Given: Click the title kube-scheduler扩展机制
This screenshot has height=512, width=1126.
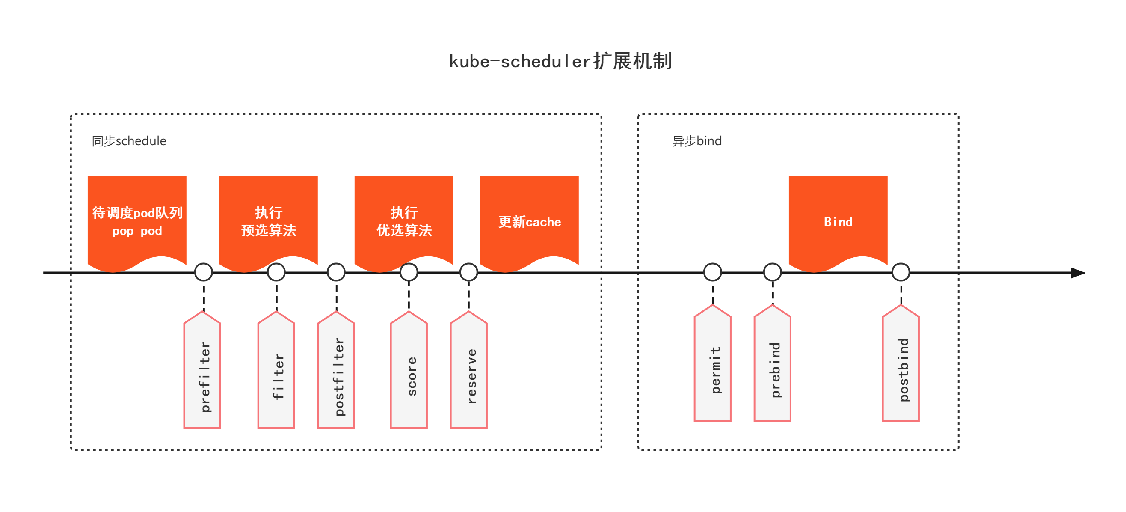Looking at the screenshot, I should click(x=560, y=61).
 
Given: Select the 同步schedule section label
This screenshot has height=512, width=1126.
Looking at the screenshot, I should click(x=129, y=141).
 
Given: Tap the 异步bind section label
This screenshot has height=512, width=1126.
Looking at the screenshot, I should click(x=697, y=141).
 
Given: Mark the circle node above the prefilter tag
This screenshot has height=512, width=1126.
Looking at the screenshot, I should click(x=204, y=272).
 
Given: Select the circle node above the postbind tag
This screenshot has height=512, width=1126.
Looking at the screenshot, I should click(x=901, y=272).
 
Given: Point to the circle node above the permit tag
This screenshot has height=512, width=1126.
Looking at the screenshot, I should click(x=712, y=272).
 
